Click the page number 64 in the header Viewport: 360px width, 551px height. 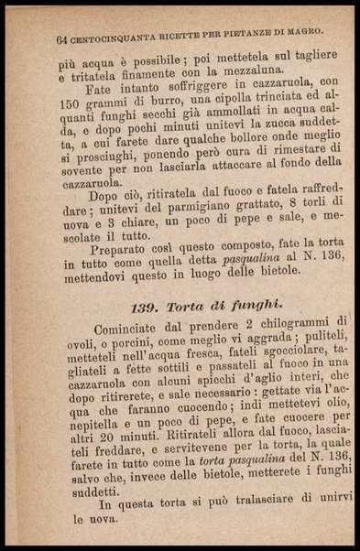62,39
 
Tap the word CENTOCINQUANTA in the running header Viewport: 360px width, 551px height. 109,38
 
